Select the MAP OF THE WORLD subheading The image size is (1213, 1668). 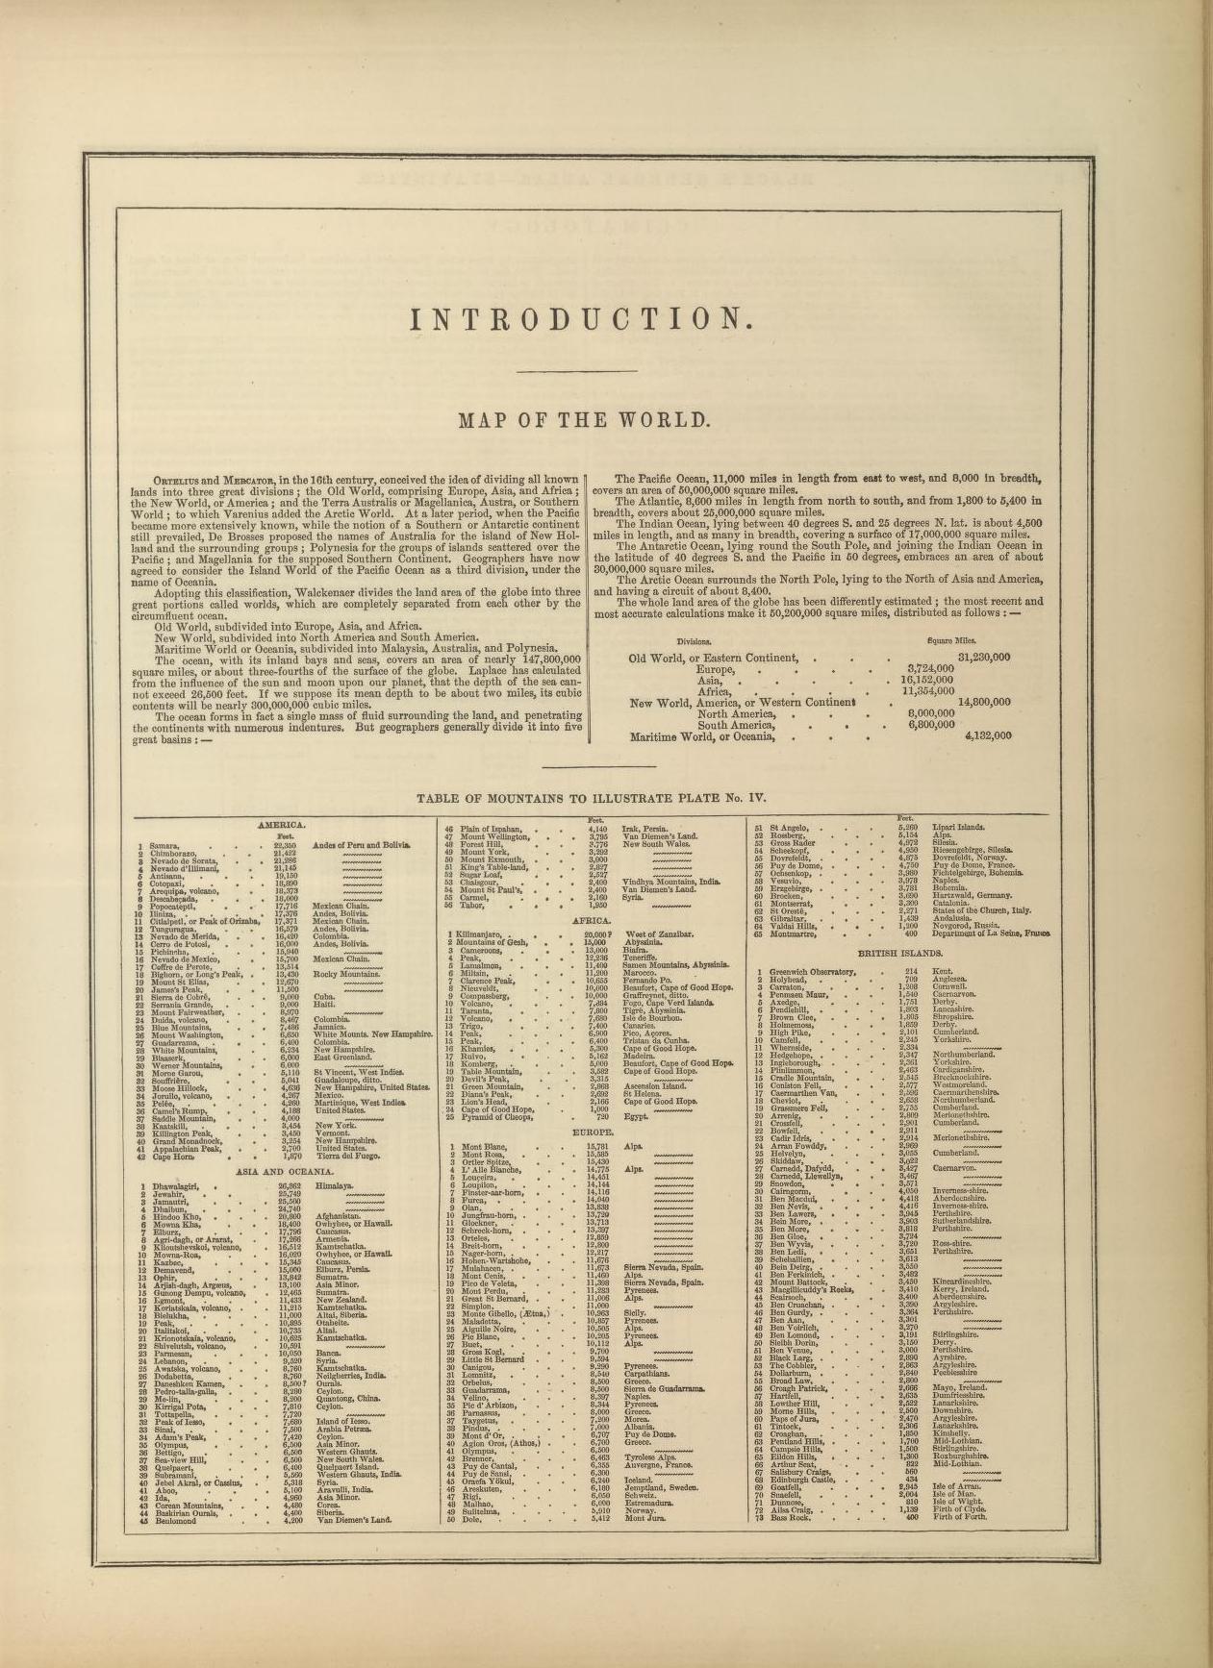(x=584, y=420)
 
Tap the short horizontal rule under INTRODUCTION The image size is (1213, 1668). (x=577, y=371)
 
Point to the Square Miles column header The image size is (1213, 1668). (x=951, y=640)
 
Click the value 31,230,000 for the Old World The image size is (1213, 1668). (x=984, y=658)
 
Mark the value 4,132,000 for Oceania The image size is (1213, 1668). (x=988, y=735)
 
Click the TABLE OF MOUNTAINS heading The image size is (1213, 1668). (x=590, y=797)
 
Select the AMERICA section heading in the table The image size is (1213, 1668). (x=282, y=825)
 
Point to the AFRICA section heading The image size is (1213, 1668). (x=592, y=920)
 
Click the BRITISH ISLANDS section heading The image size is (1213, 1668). (x=900, y=953)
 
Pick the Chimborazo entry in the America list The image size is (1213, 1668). (x=180, y=853)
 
